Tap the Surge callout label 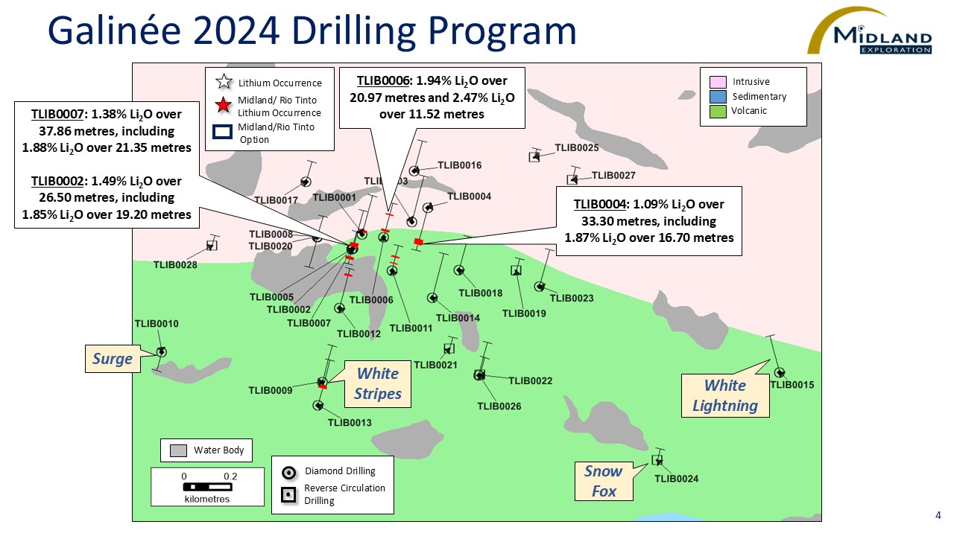pos(113,360)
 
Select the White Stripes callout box pos(379,383)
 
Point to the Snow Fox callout pos(604,481)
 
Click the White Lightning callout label pos(725,395)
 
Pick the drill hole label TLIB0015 pos(792,385)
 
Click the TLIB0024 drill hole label pos(677,479)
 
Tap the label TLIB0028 pos(175,265)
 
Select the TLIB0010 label pos(157,324)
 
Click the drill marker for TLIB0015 pos(779,372)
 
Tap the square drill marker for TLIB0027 pos(572,179)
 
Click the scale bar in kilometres pos(207,487)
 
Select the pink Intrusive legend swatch pos(718,82)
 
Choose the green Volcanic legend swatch pos(718,111)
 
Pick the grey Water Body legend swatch pos(178,450)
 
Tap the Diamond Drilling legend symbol pos(289,472)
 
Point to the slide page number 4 pos(938,515)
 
